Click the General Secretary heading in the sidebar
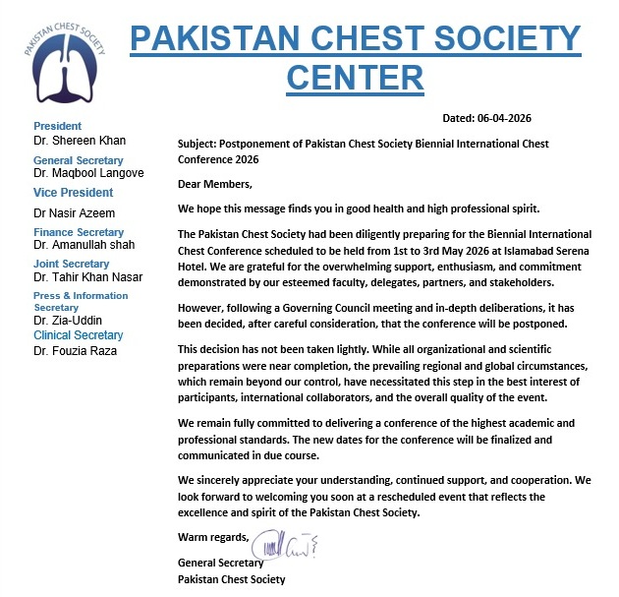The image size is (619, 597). coord(79,160)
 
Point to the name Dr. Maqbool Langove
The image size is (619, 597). coord(88,173)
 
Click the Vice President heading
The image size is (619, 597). coord(74,193)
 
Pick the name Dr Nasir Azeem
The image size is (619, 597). coord(76,212)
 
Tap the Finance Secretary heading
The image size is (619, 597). coord(79,232)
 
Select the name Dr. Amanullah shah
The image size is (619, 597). coord(84,245)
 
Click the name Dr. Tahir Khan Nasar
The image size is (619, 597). coord(88,278)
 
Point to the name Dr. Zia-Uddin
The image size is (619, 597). coord(67,321)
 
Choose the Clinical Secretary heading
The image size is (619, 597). coord(80,334)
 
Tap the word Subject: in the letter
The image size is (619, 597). coord(199,144)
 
